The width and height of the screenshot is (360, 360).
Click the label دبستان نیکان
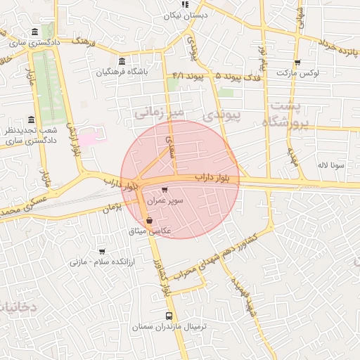click(x=185, y=15)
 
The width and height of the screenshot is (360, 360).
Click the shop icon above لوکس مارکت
click(x=297, y=62)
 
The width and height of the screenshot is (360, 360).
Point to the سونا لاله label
click(x=330, y=165)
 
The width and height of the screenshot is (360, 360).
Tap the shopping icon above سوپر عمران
click(x=165, y=190)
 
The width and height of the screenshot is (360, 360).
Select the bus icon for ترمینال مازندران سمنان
click(x=168, y=316)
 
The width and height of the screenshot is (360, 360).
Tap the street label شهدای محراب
click(x=200, y=262)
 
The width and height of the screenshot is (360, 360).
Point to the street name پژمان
click(x=112, y=208)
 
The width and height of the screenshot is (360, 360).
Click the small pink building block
click(x=89, y=137)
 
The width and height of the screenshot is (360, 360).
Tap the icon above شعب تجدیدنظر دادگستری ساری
click(x=30, y=120)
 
